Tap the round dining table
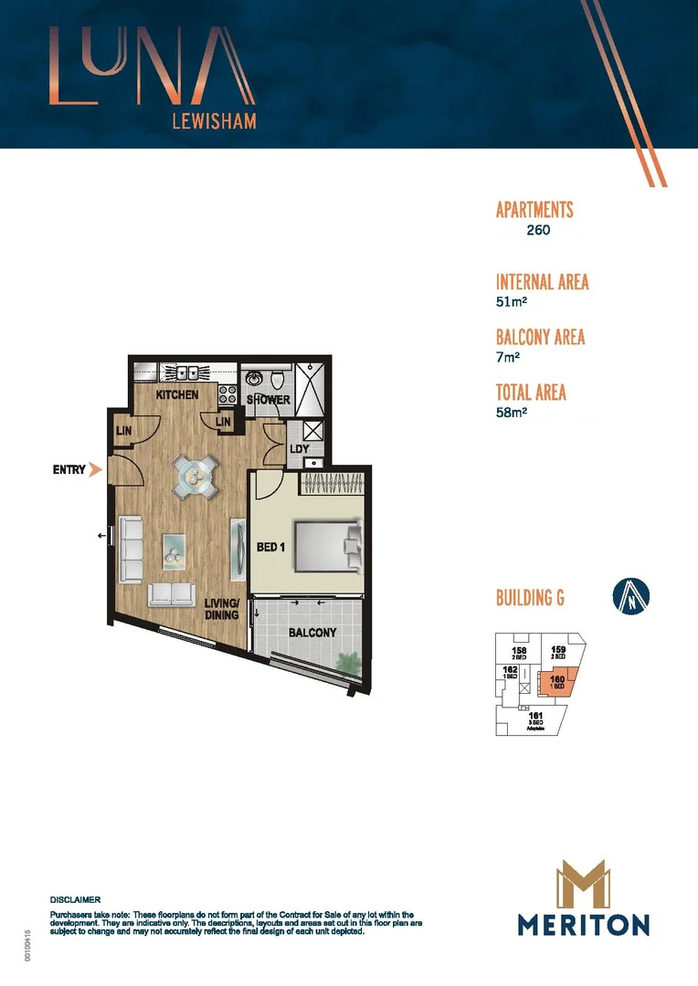click(x=197, y=476)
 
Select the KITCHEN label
click(x=177, y=396)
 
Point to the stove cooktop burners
click(x=227, y=396)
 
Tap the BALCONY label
click(x=312, y=632)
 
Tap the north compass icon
click(x=629, y=598)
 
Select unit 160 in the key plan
click(x=556, y=681)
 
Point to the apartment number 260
click(x=538, y=231)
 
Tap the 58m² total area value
click(x=512, y=413)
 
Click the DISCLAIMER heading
click(x=75, y=899)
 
